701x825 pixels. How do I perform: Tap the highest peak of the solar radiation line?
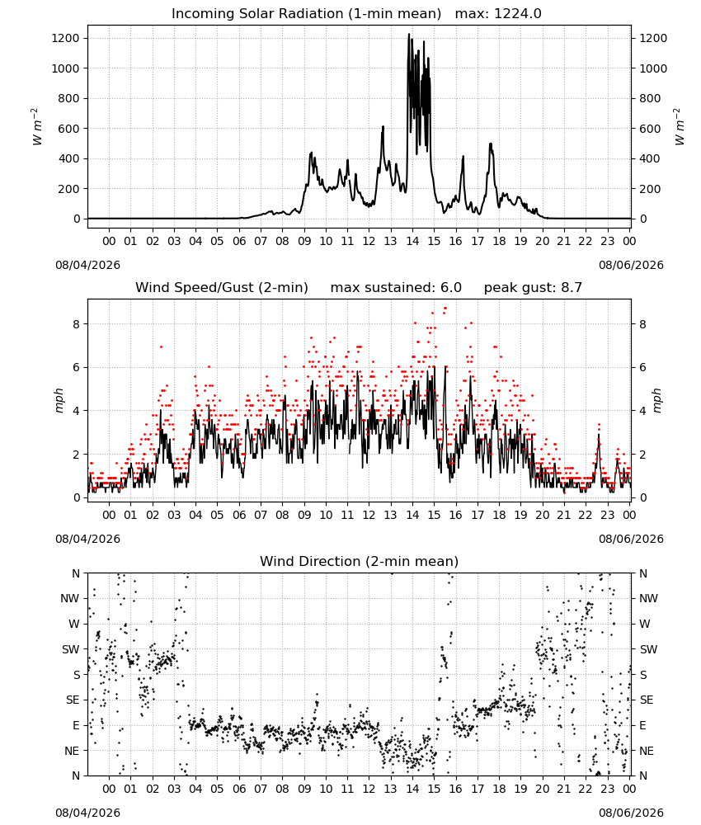click(408, 35)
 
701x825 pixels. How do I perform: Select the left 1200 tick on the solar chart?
click(65, 39)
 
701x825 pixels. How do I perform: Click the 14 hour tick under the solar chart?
click(412, 241)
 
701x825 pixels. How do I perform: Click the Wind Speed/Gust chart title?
click(221, 288)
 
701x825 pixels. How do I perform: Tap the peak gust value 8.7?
click(571, 288)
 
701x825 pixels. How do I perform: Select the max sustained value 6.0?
click(450, 288)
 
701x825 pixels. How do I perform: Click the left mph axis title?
click(59, 400)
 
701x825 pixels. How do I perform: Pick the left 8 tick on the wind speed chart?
click(76, 324)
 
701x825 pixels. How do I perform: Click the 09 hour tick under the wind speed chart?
click(304, 515)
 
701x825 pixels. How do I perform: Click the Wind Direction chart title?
click(360, 561)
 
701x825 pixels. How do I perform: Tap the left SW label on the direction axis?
click(71, 650)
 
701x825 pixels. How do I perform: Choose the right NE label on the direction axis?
click(647, 752)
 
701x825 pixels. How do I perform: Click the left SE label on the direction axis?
click(73, 700)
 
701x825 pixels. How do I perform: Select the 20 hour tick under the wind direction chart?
click(542, 789)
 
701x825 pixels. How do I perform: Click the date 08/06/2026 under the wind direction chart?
click(631, 813)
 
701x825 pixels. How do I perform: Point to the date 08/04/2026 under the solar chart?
click(87, 265)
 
